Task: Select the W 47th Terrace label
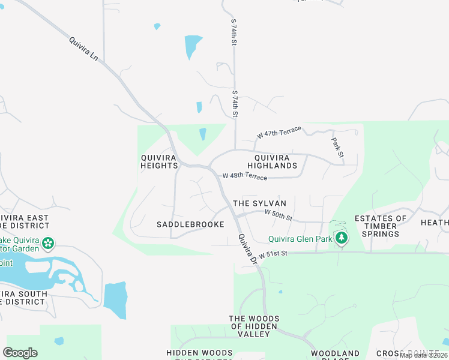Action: [x=279, y=132]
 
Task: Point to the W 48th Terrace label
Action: [x=245, y=176]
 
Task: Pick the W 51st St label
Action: [x=275, y=254]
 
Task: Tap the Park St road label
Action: [x=337, y=148]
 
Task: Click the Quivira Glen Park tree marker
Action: [x=342, y=238]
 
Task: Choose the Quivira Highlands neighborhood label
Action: [x=273, y=161]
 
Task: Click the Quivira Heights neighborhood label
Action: [x=159, y=161]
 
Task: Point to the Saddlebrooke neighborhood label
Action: [x=190, y=224]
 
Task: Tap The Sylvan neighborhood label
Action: [x=259, y=203]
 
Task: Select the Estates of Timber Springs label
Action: [x=381, y=226]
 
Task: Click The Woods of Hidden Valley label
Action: [x=254, y=326]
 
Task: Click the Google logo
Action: [x=20, y=353]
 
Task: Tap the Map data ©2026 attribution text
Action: [x=424, y=355]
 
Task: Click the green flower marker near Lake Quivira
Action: [x=48, y=244]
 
